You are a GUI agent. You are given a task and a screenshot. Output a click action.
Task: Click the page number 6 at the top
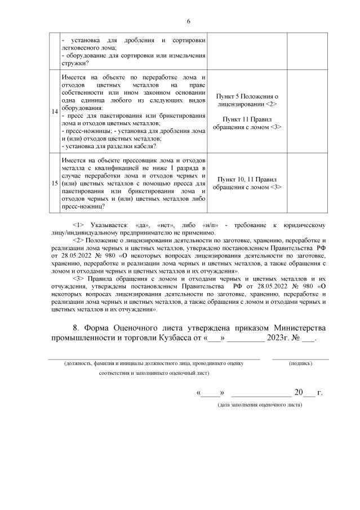tap(189, 21)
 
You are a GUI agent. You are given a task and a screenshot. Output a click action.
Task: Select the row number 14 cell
tap(55, 112)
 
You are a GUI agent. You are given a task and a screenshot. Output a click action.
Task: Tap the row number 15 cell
tap(55, 183)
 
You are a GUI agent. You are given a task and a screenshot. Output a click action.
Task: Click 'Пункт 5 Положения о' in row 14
tap(248, 97)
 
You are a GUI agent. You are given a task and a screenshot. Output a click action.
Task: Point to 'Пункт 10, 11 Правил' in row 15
tap(248, 179)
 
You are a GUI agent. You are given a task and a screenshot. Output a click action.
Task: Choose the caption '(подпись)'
tap(300, 364)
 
